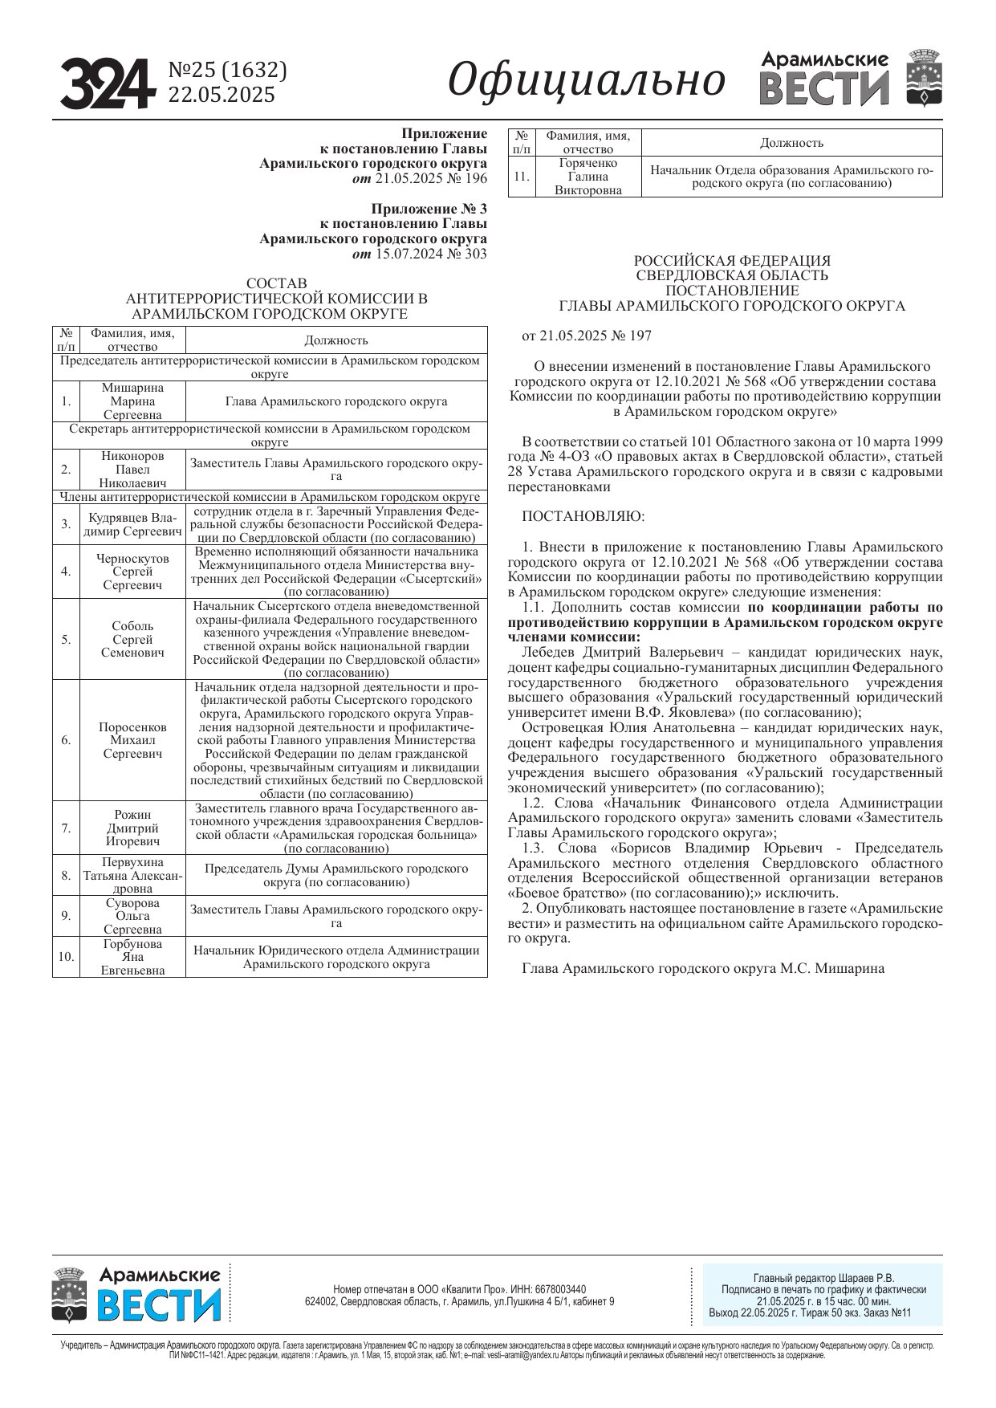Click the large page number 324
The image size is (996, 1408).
(x=107, y=83)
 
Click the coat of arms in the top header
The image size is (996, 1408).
(x=924, y=78)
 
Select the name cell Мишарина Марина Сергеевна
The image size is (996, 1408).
(x=132, y=401)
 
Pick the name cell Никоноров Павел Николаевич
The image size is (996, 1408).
(x=132, y=470)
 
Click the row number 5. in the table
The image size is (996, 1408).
(x=66, y=640)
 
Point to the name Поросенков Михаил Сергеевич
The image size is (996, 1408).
(x=132, y=740)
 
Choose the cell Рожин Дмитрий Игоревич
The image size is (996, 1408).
(x=132, y=828)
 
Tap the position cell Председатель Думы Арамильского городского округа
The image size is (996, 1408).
(x=336, y=875)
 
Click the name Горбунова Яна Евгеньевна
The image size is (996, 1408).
(x=132, y=957)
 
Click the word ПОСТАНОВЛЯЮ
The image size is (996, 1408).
(x=583, y=516)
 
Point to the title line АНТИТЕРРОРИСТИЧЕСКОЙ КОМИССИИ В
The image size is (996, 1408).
(x=276, y=299)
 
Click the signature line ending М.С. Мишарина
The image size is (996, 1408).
(x=703, y=968)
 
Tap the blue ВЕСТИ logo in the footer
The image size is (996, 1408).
(x=159, y=1305)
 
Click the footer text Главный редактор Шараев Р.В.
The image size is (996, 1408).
(x=823, y=1278)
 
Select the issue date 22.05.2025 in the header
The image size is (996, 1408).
(x=222, y=95)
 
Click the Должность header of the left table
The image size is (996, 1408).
(x=336, y=340)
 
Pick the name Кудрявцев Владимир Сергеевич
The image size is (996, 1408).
(x=132, y=524)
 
